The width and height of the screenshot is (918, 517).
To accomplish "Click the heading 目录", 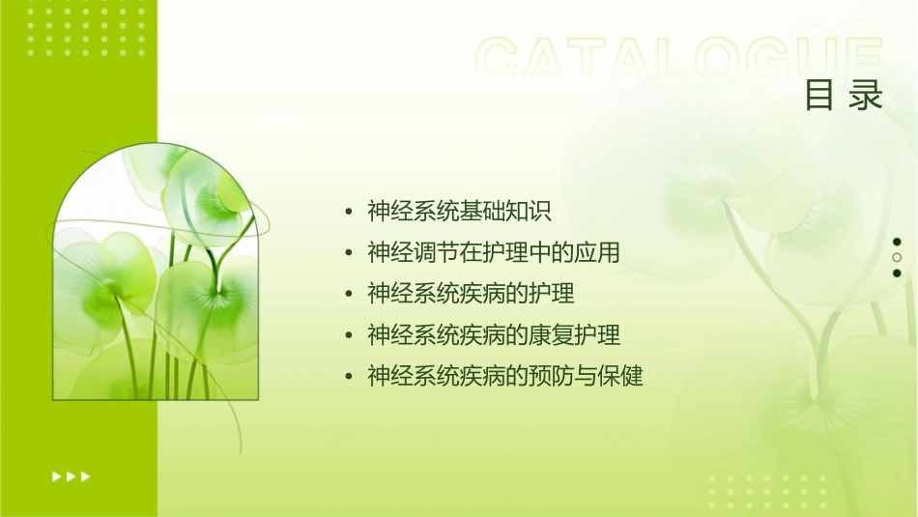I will coord(844,96).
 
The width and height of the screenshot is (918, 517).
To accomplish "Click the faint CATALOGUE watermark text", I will coord(679,59).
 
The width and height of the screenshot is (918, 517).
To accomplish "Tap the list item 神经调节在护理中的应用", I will coord(494,252).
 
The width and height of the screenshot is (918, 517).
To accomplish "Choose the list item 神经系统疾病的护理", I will coord(471,293).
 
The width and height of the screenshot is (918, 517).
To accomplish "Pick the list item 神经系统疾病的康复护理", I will coord(494,334).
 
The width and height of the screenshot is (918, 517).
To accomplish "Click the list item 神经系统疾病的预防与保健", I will coord(505,376).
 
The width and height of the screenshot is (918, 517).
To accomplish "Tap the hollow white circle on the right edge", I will coord(897,257).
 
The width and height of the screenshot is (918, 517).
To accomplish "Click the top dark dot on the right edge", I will coord(897,242).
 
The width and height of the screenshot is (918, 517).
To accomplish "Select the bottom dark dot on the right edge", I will coord(897,273).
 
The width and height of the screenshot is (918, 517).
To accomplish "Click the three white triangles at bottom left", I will coord(71,475).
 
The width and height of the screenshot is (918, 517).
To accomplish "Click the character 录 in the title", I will coord(867,96).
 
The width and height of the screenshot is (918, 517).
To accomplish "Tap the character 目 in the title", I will coord(819,96).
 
